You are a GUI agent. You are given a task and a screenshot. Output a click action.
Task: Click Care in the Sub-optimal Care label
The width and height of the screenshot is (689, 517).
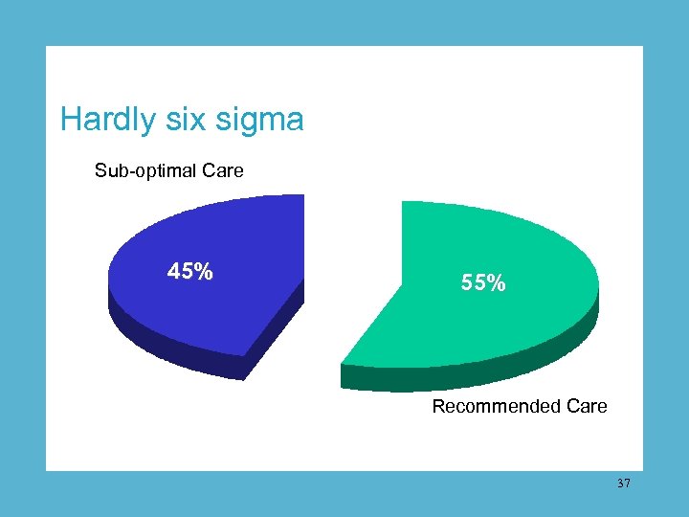tap(222, 171)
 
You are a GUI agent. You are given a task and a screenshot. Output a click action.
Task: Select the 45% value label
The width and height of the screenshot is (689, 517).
tap(190, 272)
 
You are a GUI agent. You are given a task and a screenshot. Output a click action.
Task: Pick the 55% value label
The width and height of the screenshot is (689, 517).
tap(483, 283)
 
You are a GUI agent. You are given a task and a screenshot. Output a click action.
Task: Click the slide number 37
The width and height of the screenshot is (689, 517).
tap(624, 484)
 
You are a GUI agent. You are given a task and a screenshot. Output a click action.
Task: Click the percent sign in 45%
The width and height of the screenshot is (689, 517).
tap(203, 272)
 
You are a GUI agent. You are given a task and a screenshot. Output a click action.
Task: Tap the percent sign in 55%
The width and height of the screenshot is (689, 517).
tap(496, 283)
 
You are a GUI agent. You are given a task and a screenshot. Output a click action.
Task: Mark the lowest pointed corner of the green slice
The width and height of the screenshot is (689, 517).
tap(343, 388)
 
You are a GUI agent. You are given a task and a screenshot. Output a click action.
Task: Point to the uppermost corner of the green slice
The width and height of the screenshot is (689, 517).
tap(404, 202)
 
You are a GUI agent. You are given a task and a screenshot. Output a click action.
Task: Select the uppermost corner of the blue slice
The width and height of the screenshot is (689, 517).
tap(302, 195)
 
